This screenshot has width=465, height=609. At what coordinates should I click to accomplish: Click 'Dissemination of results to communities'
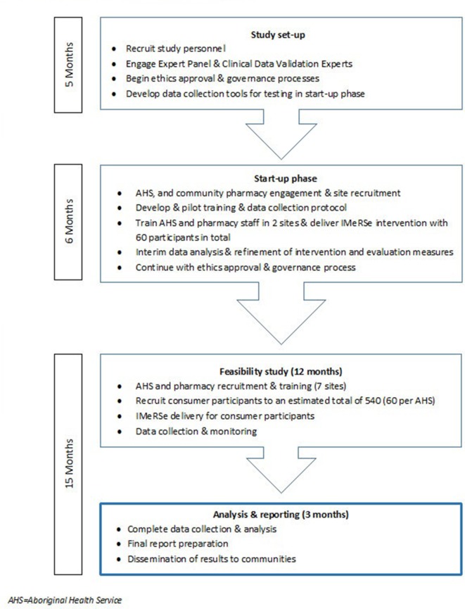click(212, 559)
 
